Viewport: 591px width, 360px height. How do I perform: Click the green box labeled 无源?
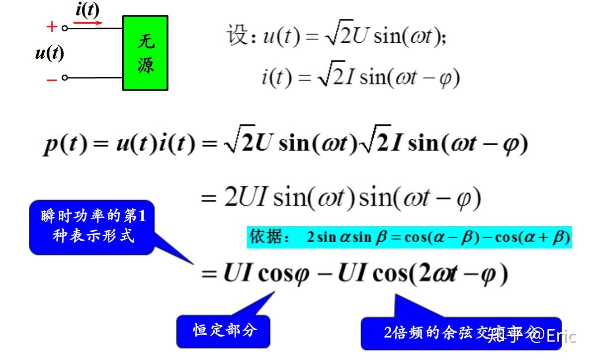click(x=145, y=53)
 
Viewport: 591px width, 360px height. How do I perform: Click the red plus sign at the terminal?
click(x=51, y=27)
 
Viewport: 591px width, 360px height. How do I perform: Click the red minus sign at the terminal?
click(x=51, y=79)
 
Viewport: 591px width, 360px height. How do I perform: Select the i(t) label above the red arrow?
click(x=87, y=9)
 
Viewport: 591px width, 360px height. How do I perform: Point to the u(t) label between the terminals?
click(x=49, y=53)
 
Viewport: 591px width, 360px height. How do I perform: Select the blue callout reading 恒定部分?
click(x=224, y=330)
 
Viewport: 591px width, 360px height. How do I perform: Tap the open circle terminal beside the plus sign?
click(x=64, y=28)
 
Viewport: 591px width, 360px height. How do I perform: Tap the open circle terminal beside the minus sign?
click(x=64, y=78)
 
